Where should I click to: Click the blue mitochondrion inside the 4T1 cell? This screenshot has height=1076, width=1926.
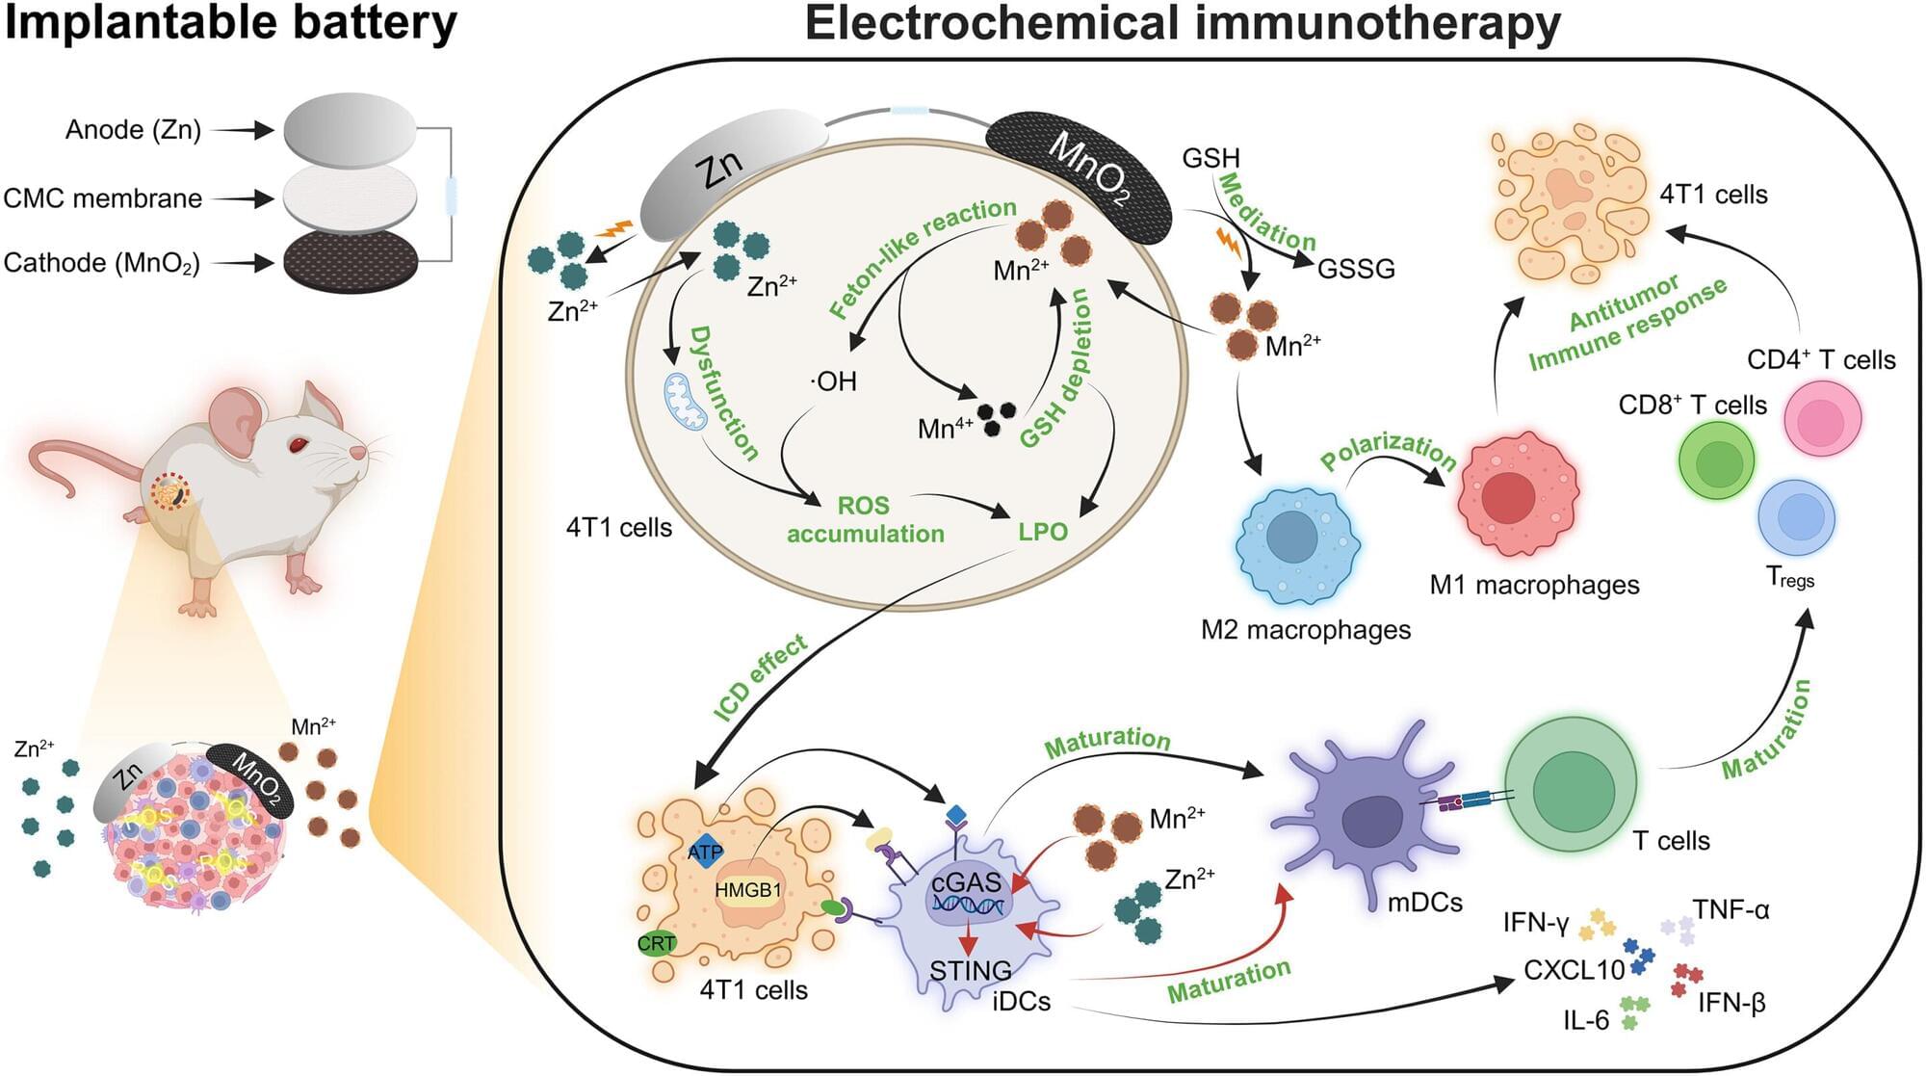(684, 402)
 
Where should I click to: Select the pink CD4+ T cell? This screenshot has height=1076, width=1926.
(1822, 417)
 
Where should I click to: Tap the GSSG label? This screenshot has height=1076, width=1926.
(1356, 269)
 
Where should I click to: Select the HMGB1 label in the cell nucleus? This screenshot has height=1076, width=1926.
(748, 890)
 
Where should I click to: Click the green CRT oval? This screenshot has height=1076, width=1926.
(656, 943)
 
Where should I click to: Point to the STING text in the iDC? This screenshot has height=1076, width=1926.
(970, 970)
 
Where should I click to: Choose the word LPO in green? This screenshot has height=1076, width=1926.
(1043, 531)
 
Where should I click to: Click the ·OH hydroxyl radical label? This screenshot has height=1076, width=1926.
(834, 381)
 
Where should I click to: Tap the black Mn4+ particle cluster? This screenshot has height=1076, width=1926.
(996, 417)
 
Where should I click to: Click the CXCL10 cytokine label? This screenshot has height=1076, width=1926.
(1574, 969)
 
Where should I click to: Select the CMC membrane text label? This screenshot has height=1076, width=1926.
(103, 198)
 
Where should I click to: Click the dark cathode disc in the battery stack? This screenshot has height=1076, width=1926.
(351, 260)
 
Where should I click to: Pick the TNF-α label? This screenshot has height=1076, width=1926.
(1731, 909)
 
